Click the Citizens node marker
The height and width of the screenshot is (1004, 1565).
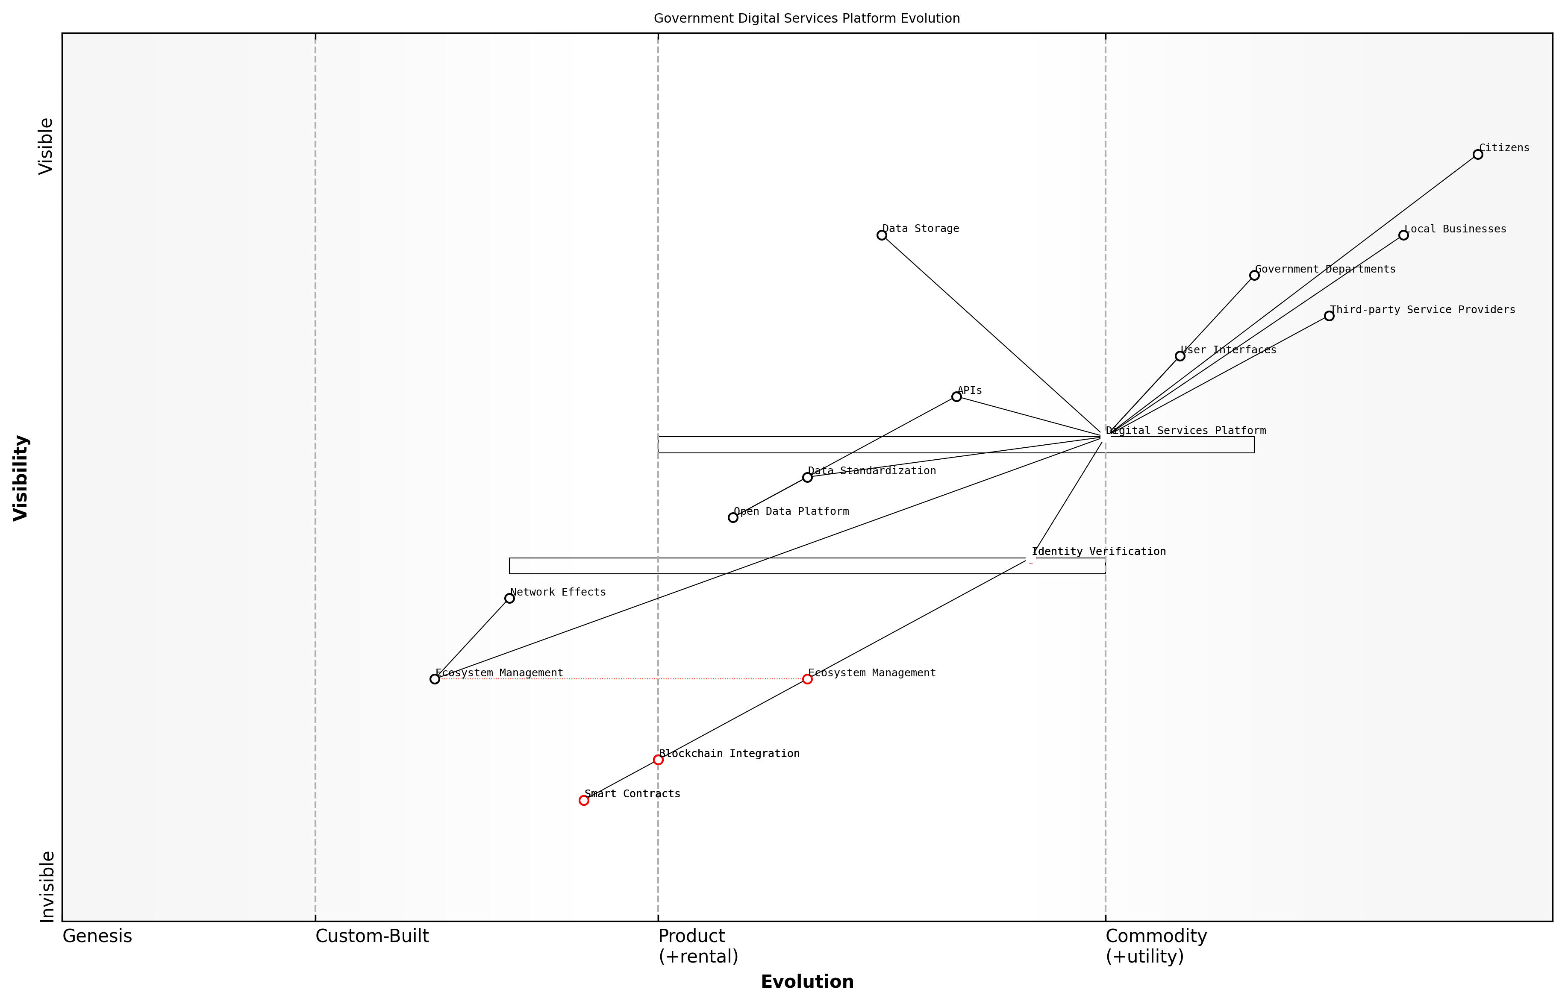1478,155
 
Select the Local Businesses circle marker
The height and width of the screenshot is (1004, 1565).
1403,235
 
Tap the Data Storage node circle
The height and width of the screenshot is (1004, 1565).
882,235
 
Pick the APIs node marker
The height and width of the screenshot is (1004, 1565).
956,396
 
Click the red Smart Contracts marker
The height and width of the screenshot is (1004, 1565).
584,801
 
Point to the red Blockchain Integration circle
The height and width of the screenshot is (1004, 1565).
658,760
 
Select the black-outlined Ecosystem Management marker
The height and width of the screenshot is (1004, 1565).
435,679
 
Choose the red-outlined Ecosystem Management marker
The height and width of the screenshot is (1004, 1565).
807,679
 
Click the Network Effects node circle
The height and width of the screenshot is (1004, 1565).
509,599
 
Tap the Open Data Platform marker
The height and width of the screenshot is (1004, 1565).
733,518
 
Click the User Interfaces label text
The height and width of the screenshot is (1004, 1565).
1229,350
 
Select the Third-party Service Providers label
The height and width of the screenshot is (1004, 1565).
1422,310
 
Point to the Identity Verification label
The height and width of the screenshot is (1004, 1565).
1099,552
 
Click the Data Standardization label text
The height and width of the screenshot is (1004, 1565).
872,471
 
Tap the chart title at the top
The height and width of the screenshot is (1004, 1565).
806,18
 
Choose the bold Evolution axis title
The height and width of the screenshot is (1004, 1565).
807,982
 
